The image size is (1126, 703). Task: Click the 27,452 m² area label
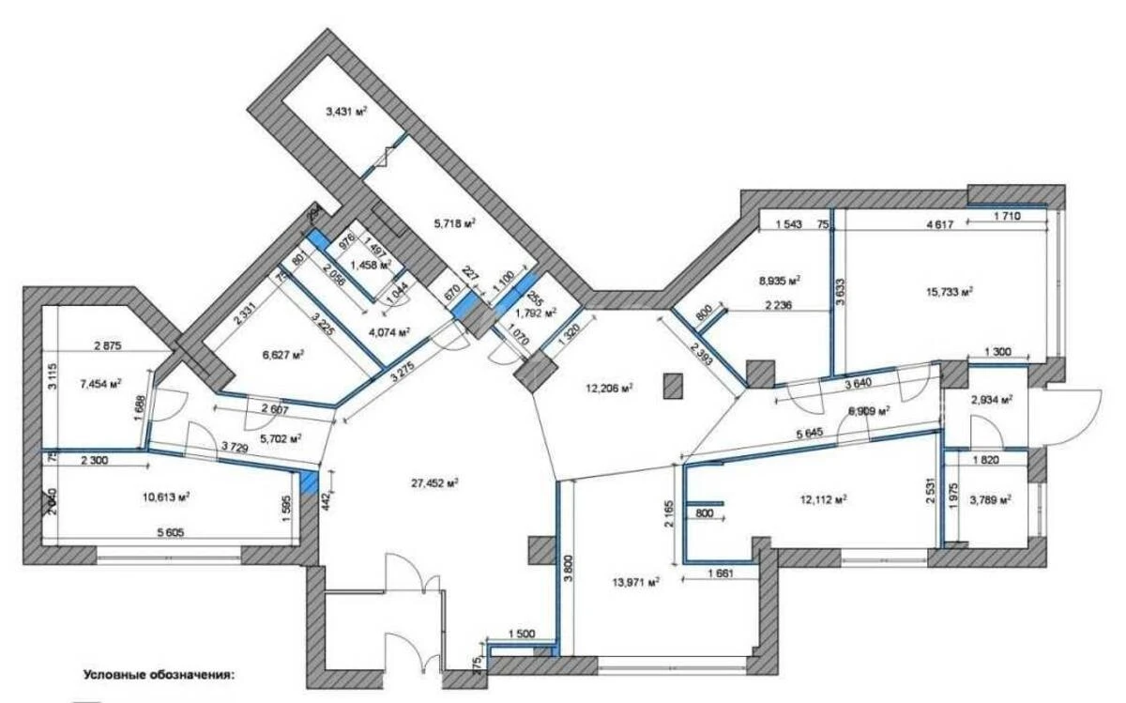click(433, 483)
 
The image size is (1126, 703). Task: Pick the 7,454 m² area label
click(101, 385)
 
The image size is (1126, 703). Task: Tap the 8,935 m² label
click(779, 280)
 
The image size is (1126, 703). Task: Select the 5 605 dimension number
click(170, 533)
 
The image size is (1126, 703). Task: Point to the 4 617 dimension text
click(940, 225)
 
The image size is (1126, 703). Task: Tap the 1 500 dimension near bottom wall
click(523, 634)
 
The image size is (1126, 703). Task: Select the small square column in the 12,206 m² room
click(671, 385)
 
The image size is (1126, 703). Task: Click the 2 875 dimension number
click(111, 346)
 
